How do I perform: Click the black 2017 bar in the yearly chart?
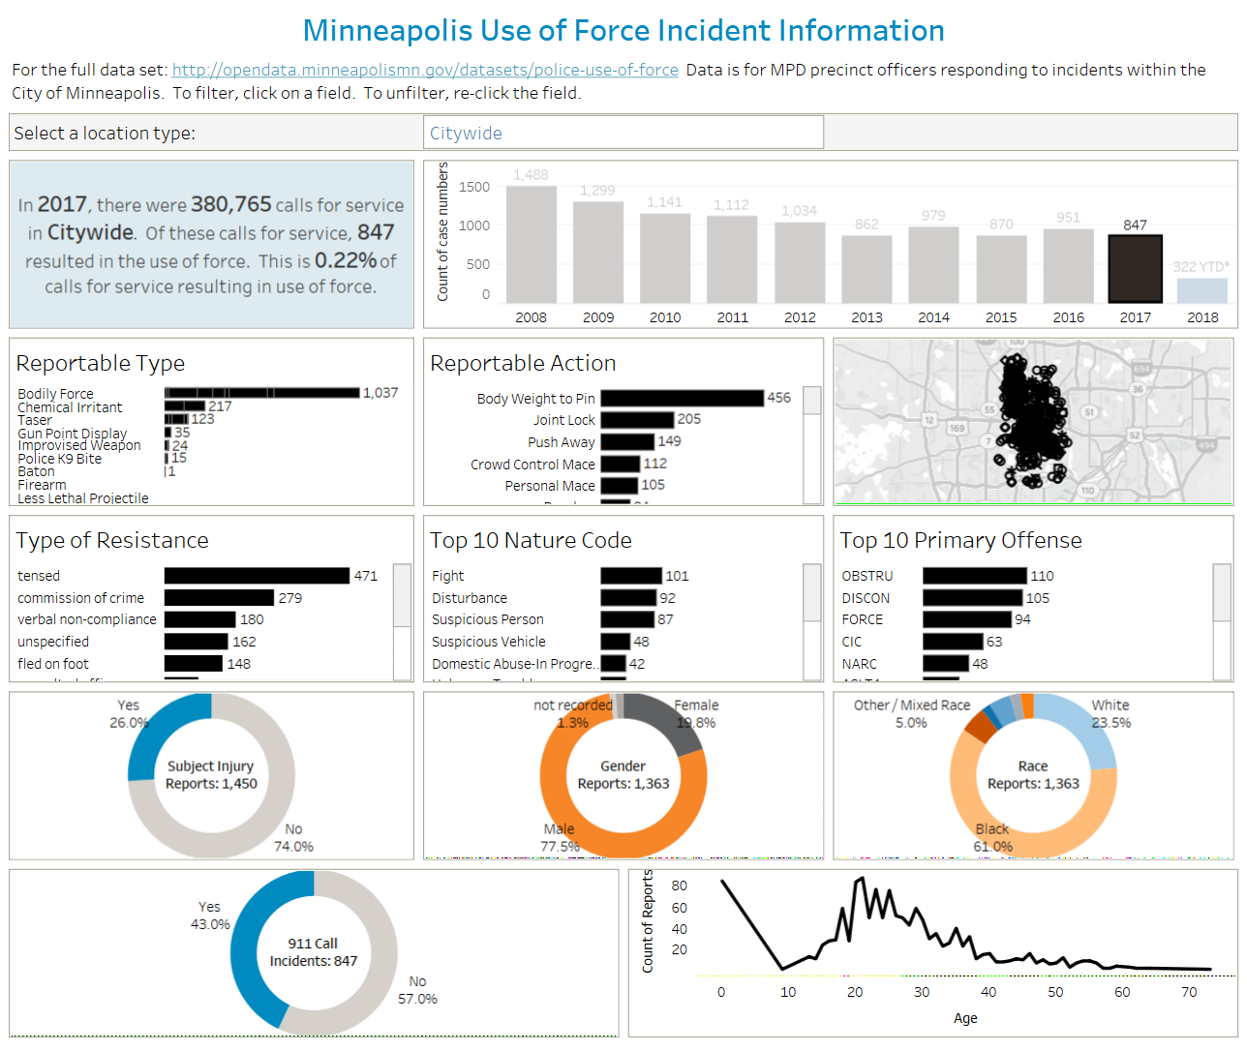click(1135, 269)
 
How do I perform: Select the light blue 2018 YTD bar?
click(1201, 290)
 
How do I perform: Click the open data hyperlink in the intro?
click(425, 70)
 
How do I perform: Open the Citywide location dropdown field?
click(623, 133)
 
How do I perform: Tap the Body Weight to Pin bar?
click(682, 398)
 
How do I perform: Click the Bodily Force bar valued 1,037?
click(261, 393)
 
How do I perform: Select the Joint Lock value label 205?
click(689, 419)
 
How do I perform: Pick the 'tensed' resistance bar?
click(257, 576)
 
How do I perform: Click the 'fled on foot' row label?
click(53, 664)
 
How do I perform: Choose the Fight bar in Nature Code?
click(631, 576)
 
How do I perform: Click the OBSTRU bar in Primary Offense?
click(974, 576)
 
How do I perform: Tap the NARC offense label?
click(860, 664)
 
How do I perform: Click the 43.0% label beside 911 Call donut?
click(210, 924)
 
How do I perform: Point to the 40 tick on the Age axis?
click(988, 992)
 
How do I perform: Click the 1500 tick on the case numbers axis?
click(474, 187)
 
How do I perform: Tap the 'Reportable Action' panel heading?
click(523, 363)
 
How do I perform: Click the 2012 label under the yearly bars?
click(800, 317)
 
